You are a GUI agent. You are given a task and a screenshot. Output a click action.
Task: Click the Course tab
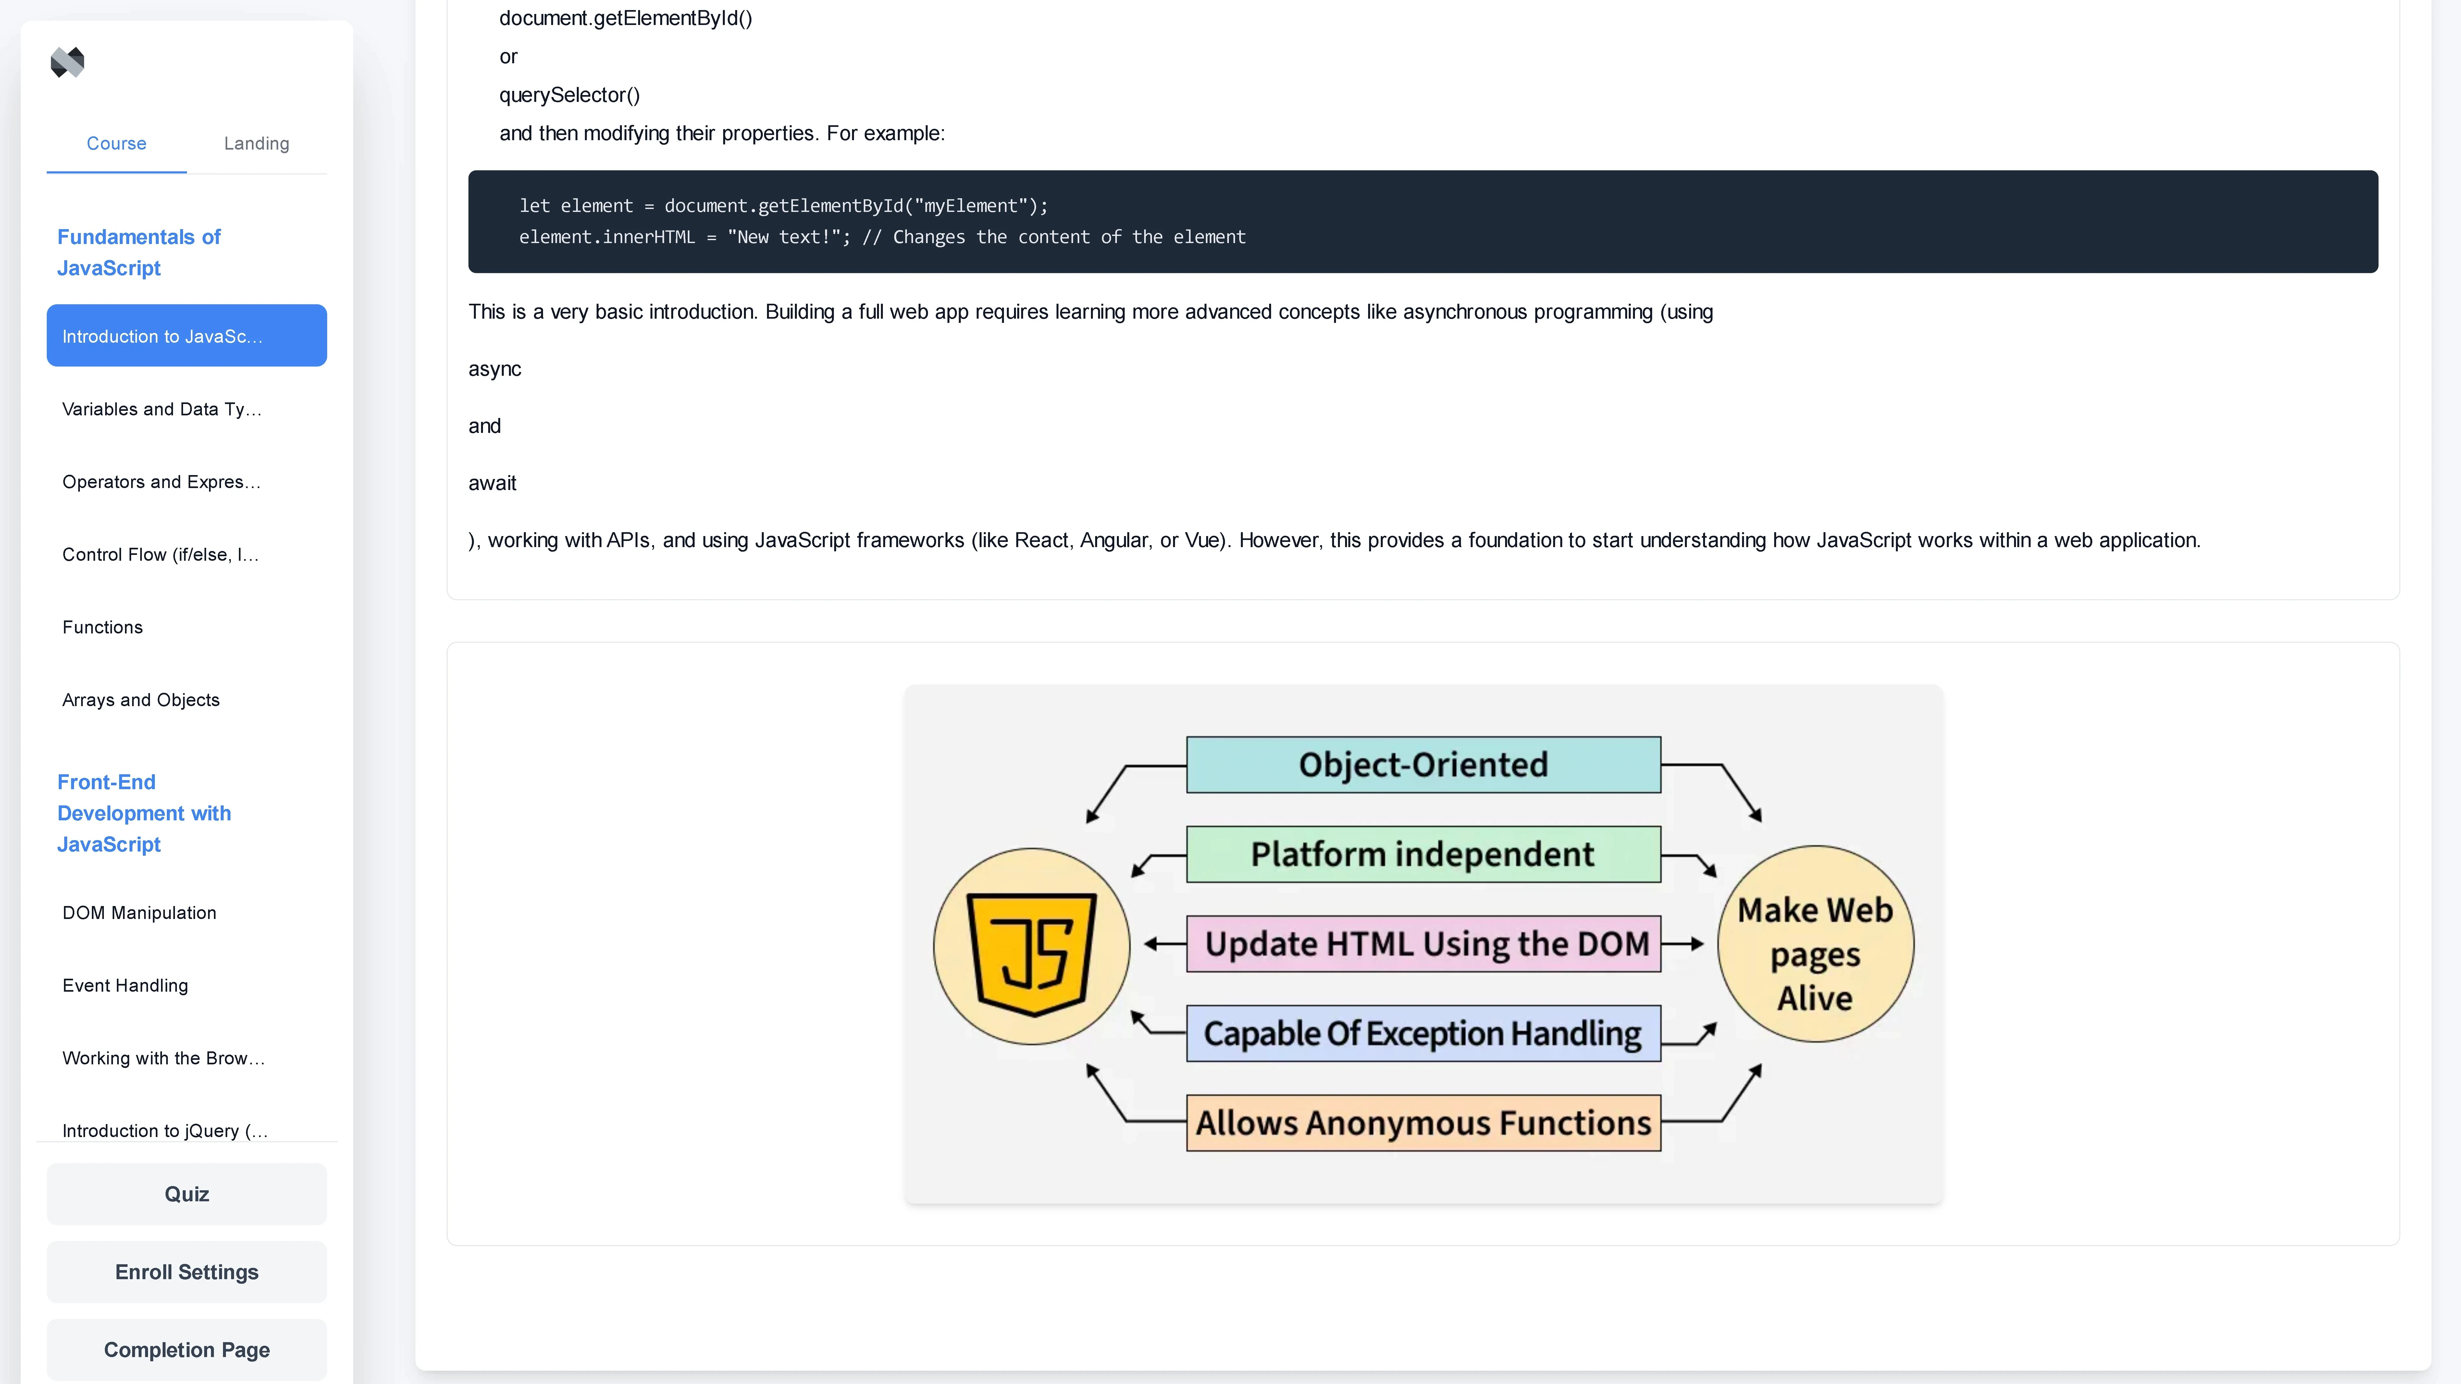click(117, 143)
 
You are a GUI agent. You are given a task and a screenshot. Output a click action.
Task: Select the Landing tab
click(256, 143)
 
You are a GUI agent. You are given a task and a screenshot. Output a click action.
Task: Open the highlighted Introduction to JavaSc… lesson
click(186, 336)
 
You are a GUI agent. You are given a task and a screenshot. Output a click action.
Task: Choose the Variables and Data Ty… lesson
click(161, 409)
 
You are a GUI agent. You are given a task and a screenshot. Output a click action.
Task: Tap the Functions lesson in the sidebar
click(102, 628)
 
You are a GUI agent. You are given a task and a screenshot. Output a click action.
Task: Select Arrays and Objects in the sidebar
click(141, 700)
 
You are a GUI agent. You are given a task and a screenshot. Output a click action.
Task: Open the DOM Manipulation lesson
click(140, 913)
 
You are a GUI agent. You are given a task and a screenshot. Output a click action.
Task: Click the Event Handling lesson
click(125, 986)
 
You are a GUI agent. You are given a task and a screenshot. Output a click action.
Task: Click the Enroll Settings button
click(186, 1272)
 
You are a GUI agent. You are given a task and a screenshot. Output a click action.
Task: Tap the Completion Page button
click(186, 1350)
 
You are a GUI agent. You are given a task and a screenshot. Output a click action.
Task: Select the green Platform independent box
click(1423, 854)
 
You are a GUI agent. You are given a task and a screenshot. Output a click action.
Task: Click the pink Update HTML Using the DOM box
click(1423, 944)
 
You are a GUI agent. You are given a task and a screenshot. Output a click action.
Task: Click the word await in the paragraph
click(492, 483)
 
